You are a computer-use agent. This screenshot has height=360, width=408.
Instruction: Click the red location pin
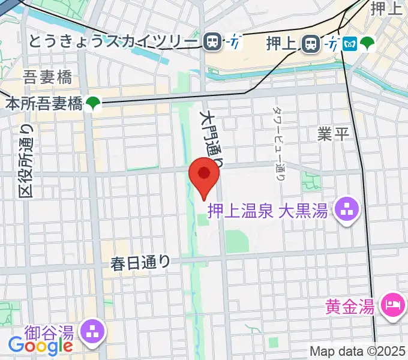point(204,175)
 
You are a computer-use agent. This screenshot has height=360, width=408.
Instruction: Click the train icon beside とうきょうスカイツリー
point(212,41)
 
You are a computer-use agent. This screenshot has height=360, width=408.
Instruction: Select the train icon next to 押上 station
point(311,43)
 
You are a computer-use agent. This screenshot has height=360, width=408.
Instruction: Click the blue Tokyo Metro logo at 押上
point(350,43)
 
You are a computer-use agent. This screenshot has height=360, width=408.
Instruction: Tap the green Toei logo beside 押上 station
point(368,43)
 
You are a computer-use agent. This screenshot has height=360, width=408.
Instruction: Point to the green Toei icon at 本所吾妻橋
point(92,103)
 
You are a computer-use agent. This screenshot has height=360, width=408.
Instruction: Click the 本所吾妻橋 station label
point(43,103)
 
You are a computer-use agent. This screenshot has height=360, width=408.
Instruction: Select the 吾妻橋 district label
point(48,77)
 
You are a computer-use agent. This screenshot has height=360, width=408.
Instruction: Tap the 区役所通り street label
point(26,161)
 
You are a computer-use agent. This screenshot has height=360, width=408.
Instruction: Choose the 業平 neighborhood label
point(333,134)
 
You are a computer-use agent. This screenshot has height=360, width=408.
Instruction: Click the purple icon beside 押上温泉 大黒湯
point(346,210)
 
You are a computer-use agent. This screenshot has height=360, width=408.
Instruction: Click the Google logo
point(40,345)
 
